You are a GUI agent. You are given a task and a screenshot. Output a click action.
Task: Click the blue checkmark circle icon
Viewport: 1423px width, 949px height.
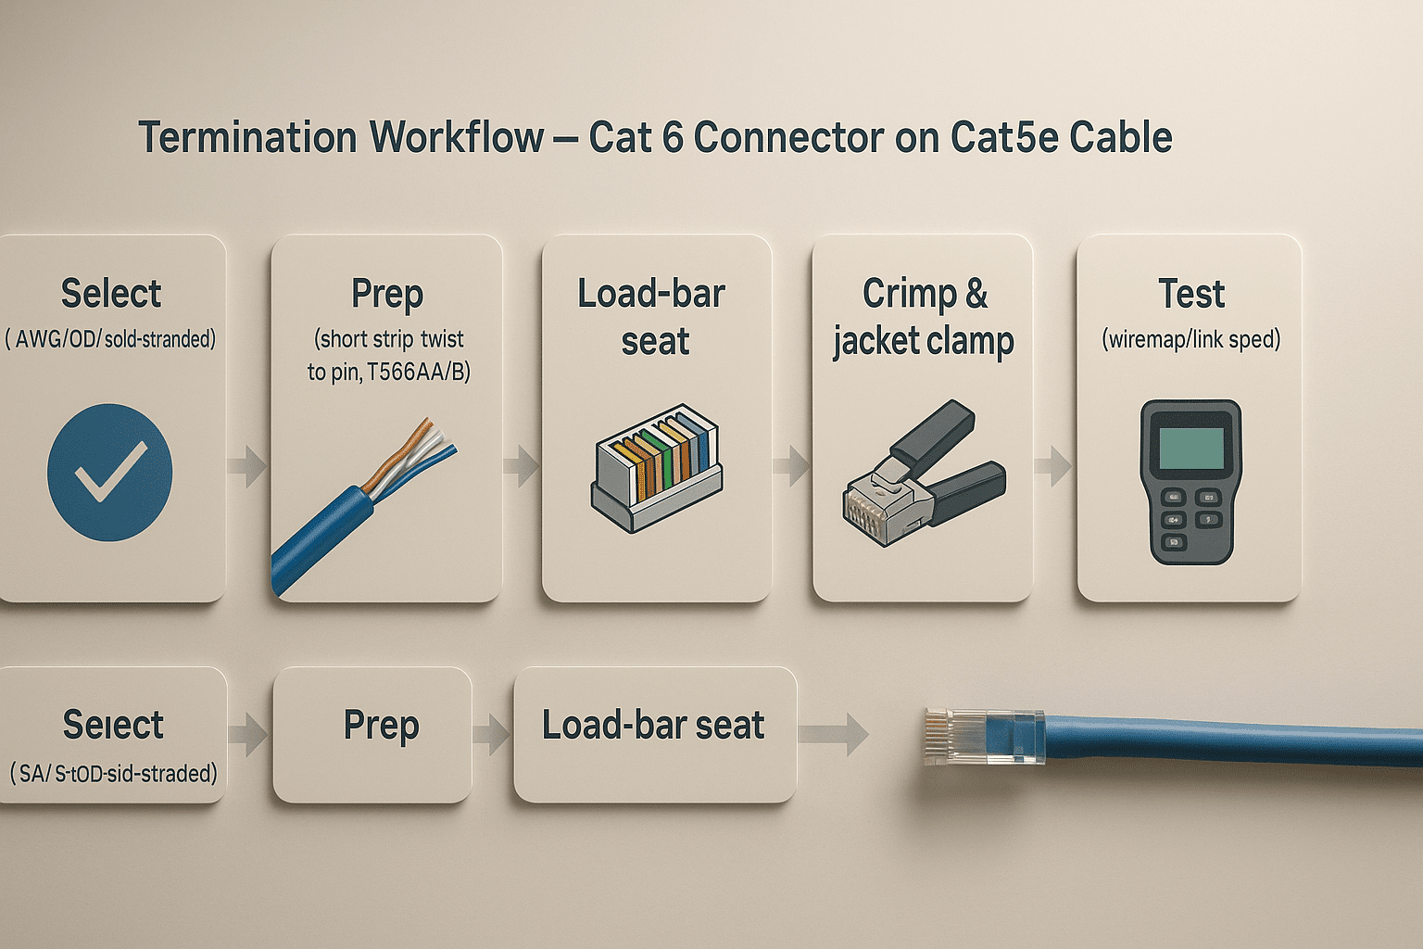109,472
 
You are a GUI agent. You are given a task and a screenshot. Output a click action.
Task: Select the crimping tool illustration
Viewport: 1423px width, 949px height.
925,473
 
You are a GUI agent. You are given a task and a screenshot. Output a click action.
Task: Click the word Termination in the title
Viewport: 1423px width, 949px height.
247,137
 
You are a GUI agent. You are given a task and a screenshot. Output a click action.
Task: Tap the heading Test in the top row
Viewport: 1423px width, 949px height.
1190,295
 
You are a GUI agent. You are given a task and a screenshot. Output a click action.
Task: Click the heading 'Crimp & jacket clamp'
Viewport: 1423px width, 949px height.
923,317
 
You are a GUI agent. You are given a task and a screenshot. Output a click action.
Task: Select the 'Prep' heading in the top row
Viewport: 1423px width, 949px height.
387,295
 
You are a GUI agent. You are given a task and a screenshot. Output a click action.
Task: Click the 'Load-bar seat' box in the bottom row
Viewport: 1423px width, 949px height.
654,733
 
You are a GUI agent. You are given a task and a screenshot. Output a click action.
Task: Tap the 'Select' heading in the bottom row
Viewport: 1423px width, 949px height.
113,725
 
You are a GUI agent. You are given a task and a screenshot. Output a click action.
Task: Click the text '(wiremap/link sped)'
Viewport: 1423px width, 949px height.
1190,339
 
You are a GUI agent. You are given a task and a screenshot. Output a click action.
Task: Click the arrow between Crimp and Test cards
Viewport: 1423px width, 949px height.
1053,465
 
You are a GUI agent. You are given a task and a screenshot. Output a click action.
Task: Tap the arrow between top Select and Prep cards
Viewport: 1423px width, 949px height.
247,465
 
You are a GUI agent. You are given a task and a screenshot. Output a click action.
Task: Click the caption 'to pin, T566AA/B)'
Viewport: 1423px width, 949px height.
388,373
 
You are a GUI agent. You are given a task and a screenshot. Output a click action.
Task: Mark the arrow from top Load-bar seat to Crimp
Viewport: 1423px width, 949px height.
791,465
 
